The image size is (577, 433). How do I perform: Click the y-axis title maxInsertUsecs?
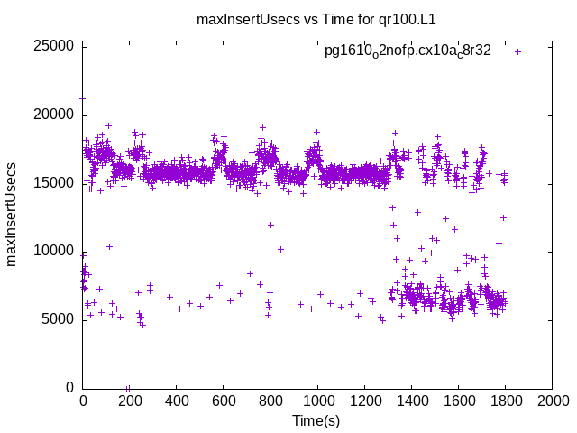pos(13,214)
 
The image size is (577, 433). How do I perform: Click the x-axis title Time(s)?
pos(316,420)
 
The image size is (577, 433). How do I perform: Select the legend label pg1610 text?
pos(408,51)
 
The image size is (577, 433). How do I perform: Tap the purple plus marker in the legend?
pos(517,51)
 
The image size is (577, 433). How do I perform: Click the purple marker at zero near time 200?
pos(128,388)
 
